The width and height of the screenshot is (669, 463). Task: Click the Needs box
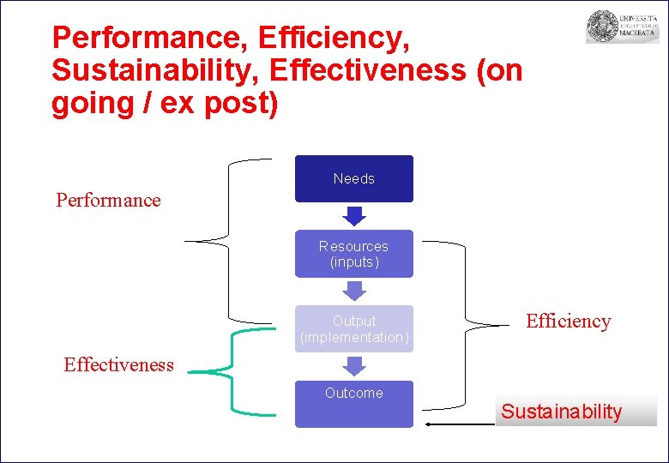coord(353,178)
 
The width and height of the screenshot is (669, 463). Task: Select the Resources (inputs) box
coord(353,254)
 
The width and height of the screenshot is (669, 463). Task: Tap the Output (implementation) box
coord(353,328)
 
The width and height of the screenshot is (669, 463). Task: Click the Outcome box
coord(353,403)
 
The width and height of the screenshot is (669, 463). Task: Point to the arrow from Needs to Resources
coord(353,216)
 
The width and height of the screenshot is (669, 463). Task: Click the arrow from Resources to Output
coord(353,292)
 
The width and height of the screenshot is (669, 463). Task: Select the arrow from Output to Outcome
coord(353,366)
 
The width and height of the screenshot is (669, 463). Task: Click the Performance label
coord(108,201)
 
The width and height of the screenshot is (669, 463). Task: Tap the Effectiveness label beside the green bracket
coord(118,364)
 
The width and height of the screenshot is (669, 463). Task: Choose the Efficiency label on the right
coord(568,322)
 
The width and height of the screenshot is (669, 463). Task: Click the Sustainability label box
coord(575,412)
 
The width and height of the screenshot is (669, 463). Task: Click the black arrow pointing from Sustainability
coord(459,424)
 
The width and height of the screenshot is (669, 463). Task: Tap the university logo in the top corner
coord(622,27)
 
